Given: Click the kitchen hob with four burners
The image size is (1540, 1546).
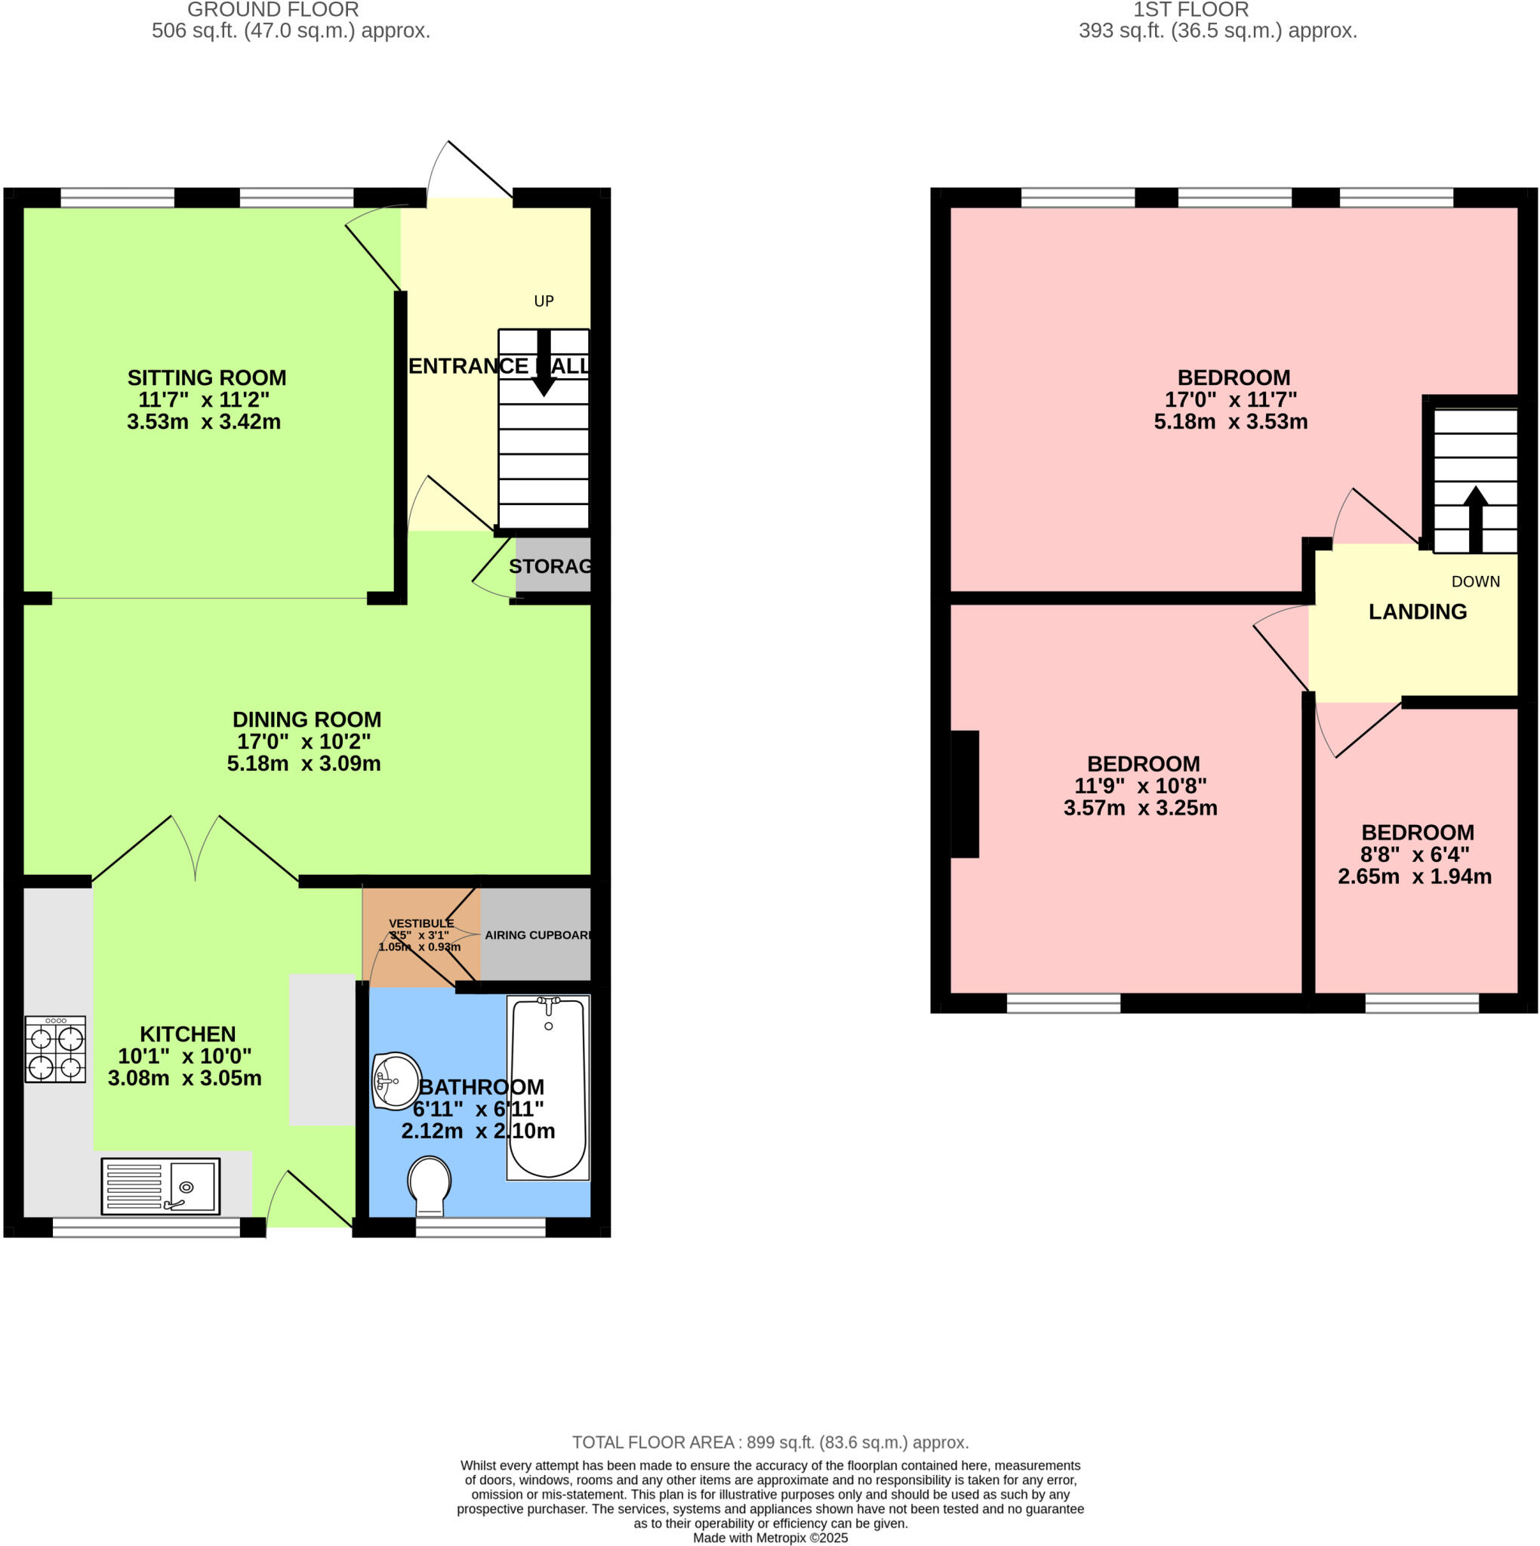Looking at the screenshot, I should click(55, 1049).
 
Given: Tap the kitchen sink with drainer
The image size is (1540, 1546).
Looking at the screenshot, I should click(160, 1186).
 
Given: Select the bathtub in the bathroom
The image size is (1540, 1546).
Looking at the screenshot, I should click(548, 1089).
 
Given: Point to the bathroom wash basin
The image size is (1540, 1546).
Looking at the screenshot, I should click(396, 1081).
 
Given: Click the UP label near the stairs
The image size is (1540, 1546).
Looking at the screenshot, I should click(544, 301).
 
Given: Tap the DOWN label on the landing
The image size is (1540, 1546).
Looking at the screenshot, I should click(1475, 582).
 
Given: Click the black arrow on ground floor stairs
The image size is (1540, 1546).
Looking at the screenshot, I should click(544, 364).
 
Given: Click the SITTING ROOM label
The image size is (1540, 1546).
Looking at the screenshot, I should click(207, 377).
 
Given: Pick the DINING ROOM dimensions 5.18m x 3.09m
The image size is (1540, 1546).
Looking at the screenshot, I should click(303, 763).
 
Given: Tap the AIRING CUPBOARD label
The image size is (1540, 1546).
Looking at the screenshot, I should click(538, 935).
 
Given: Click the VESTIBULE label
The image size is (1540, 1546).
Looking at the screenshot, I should click(421, 923).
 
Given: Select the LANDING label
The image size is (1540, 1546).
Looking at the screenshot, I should click(1418, 611).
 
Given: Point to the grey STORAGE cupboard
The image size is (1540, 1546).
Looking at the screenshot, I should click(553, 565).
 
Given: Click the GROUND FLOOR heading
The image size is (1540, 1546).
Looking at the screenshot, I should click(273, 10).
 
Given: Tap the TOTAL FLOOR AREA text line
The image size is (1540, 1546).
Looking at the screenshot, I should click(770, 1442).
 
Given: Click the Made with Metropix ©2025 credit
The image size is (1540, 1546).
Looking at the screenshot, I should click(770, 1537).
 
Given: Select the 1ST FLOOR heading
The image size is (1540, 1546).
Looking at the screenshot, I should click(1190, 10).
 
